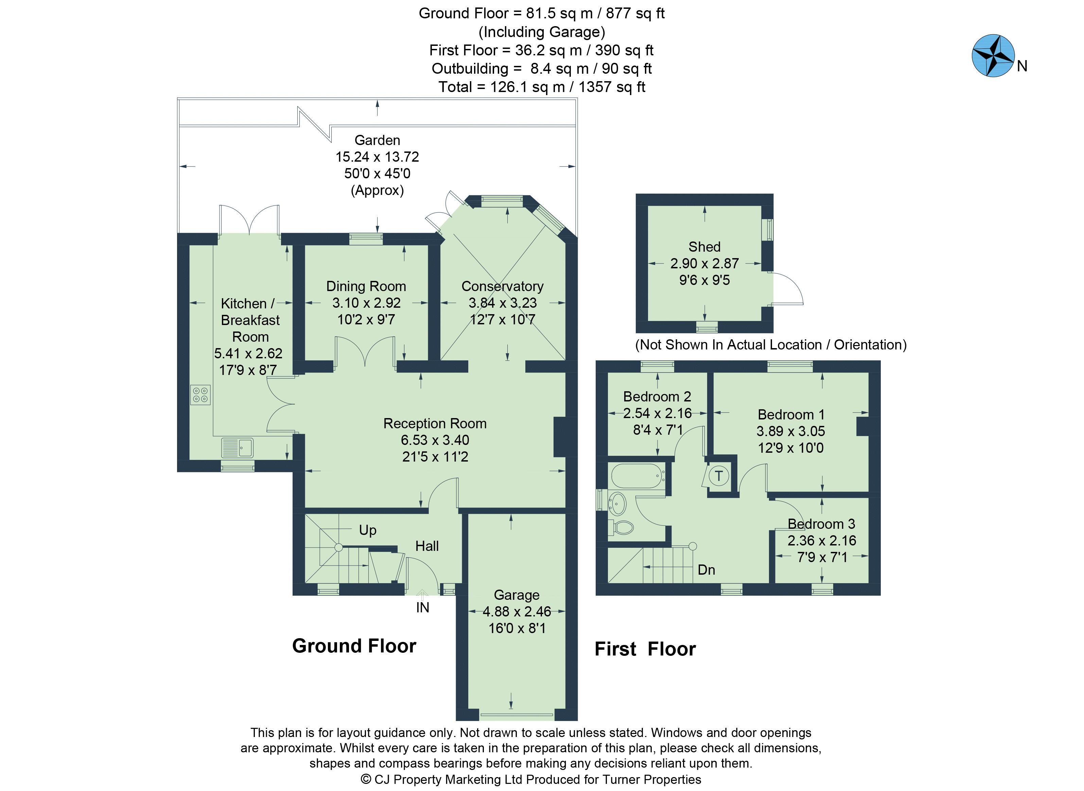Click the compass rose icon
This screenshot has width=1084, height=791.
coord(993,56)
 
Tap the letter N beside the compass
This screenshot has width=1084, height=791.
coord(1022,67)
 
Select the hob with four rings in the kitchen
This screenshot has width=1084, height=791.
coord(200,395)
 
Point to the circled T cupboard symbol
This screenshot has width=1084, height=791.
coord(718,476)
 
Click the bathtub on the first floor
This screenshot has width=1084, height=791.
coord(637,475)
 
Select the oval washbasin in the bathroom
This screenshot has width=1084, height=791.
coord(618,503)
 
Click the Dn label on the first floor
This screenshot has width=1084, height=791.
coord(706,570)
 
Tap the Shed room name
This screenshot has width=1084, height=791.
coord(704,247)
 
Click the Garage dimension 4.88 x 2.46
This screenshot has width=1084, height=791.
coord(517,611)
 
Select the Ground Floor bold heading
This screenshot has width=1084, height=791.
coord(354,646)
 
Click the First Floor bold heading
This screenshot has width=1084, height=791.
coord(645,649)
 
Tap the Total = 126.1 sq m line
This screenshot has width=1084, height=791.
coord(541,87)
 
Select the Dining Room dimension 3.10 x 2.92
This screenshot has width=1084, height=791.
coord(366,303)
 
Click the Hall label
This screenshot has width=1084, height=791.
coord(426,546)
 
